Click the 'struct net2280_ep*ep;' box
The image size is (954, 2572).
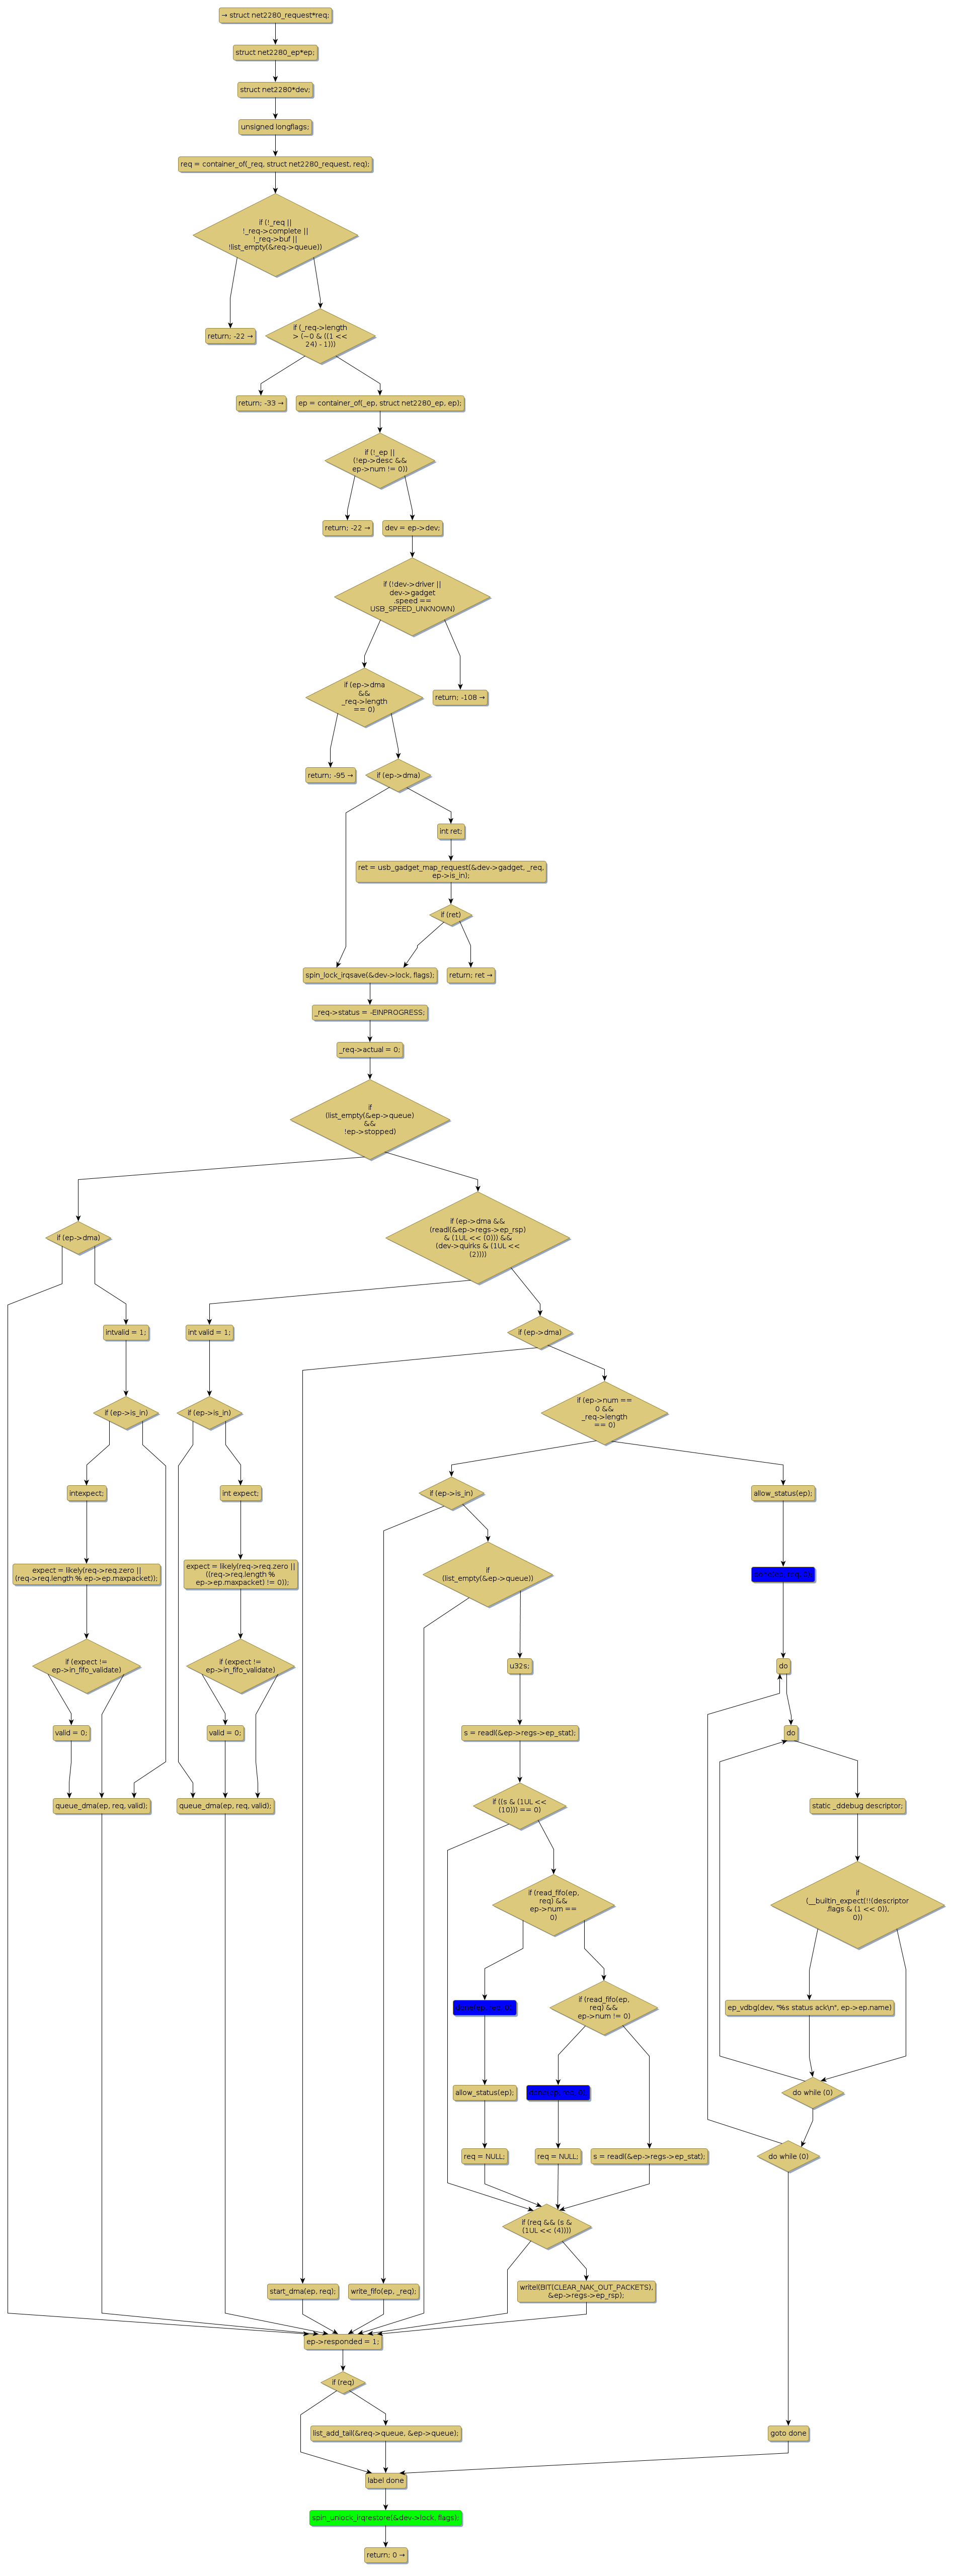[x=276, y=52]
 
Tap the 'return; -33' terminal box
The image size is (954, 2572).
[x=261, y=404]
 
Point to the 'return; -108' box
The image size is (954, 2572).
[x=460, y=698]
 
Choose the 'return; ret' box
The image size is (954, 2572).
[x=470, y=976]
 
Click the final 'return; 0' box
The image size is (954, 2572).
[x=385, y=2555]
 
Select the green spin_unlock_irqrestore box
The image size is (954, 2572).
[x=385, y=2518]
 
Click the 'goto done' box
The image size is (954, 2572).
[x=788, y=2433]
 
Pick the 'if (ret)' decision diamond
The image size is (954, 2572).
[x=450, y=915]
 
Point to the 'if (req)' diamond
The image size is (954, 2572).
[x=343, y=2382]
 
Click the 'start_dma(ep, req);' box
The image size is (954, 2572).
[x=303, y=2291]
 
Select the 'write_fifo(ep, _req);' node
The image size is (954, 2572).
[x=383, y=2291]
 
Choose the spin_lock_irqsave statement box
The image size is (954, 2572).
[x=370, y=976]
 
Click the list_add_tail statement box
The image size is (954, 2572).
[x=385, y=2433]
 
